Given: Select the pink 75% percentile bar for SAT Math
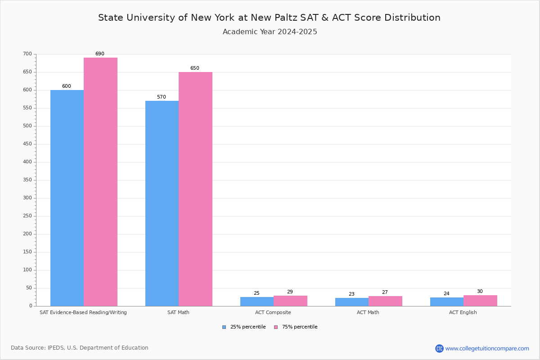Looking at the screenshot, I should (195, 189).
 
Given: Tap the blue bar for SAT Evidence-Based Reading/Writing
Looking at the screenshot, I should (67, 198).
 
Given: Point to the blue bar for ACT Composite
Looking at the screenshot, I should (256, 301).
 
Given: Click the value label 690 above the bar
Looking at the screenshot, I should (99, 54).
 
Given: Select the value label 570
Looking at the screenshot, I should (161, 97).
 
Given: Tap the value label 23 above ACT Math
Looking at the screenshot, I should (351, 294).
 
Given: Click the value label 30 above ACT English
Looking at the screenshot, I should (480, 292).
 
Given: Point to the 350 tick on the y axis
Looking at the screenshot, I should (27, 180).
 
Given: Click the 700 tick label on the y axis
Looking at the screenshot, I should (27, 54).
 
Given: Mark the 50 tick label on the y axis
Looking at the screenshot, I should (29, 288).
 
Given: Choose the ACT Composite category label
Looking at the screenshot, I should (273, 312).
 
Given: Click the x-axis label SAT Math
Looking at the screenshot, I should (178, 312).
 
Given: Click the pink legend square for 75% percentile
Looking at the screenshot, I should (276, 327).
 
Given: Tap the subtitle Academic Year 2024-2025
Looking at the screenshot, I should (270, 32).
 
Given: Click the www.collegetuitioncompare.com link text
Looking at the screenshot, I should (487, 348).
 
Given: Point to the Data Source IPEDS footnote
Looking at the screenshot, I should (80, 348).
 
